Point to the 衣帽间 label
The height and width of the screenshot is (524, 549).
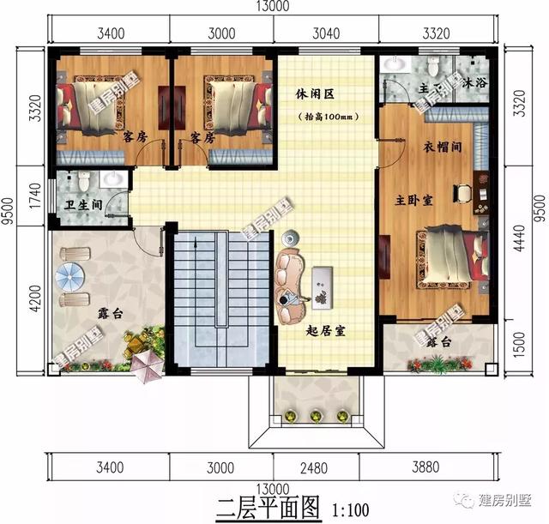click(443, 147)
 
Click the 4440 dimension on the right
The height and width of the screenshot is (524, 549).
click(516, 247)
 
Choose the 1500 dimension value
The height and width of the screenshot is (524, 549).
click(516, 346)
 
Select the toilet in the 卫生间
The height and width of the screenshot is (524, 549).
click(83, 182)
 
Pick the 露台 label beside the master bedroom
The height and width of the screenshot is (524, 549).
click(438, 342)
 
